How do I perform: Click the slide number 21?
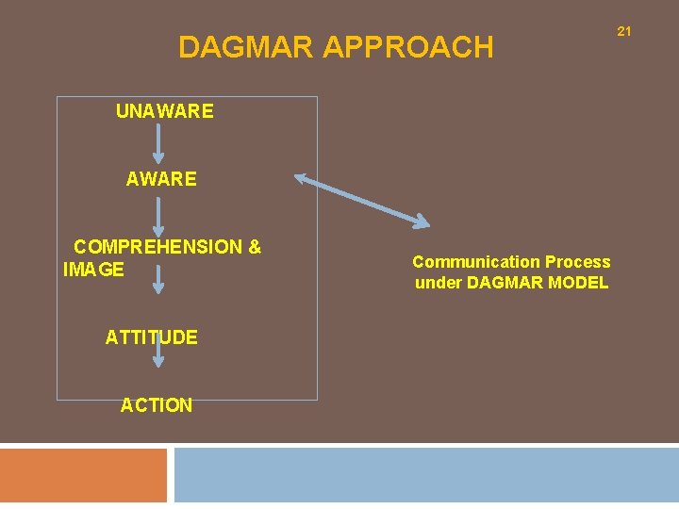[623, 32]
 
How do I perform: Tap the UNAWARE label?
[164, 111]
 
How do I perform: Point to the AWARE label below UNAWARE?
[161, 179]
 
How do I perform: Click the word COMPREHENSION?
[158, 247]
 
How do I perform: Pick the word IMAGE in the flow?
[93, 271]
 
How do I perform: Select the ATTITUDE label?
[151, 337]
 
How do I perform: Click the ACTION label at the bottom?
[157, 405]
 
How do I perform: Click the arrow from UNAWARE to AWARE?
[158, 144]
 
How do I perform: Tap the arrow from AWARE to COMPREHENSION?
[158, 212]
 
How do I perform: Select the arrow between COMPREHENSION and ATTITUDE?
[158, 280]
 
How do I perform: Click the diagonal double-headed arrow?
[362, 200]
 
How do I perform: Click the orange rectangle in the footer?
[83, 476]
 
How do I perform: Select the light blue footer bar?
[426, 476]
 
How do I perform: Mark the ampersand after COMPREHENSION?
[255, 247]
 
